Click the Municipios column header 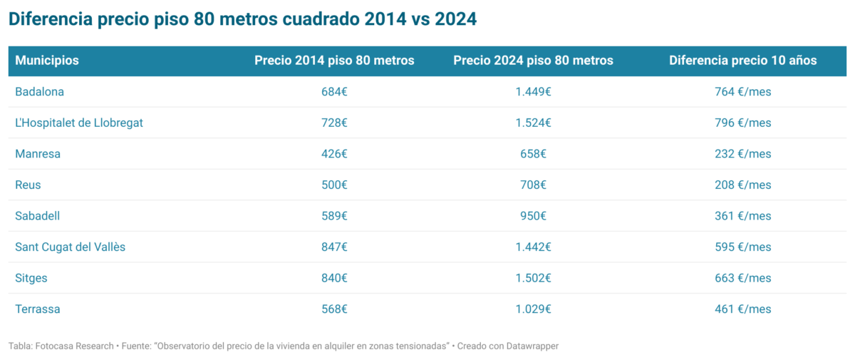(47, 61)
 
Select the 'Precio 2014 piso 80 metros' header (334, 61)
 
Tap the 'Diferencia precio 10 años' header (742, 61)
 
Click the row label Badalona (40, 92)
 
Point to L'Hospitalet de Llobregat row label (79, 123)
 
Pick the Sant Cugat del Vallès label (71, 247)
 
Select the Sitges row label (31, 278)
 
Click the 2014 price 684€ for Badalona (334, 92)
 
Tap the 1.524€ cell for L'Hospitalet (533, 123)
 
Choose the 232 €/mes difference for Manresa (742, 154)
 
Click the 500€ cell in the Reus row (334, 185)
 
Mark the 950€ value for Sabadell (533, 216)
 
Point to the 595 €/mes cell (742, 247)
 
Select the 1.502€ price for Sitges (533, 278)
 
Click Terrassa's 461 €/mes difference (742, 309)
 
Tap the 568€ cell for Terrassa (334, 309)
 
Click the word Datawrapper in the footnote (528, 346)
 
